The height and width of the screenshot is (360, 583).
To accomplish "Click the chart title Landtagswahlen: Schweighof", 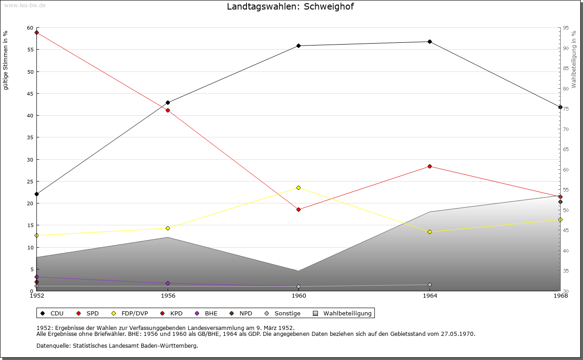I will click(x=290, y=7).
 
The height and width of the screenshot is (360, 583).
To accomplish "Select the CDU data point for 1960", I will click(x=298, y=46).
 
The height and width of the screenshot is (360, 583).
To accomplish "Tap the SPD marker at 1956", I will click(x=168, y=110).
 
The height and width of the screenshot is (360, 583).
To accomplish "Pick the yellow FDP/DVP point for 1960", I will click(x=298, y=188).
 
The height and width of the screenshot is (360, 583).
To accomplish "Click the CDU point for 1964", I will click(x=430, y=41).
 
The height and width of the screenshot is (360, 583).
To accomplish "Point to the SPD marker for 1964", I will click(x=430, y=166).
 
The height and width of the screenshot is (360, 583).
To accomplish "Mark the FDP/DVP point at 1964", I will click(x=430, y=232).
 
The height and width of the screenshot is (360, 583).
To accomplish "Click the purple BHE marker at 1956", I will click(x=168, y=283).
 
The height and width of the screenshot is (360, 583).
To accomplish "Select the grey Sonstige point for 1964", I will click(x=430, y=285).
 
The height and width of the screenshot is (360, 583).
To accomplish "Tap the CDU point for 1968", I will click(x=560, y=107).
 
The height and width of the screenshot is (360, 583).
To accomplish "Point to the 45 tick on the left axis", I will click(x=30, y=94).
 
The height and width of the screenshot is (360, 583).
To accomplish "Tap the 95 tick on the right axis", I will click(x=565, y=28).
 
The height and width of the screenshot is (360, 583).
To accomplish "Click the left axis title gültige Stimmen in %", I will click(x=6, y=60).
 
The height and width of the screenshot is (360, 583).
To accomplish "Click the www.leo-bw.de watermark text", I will click(x=24, y=5).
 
